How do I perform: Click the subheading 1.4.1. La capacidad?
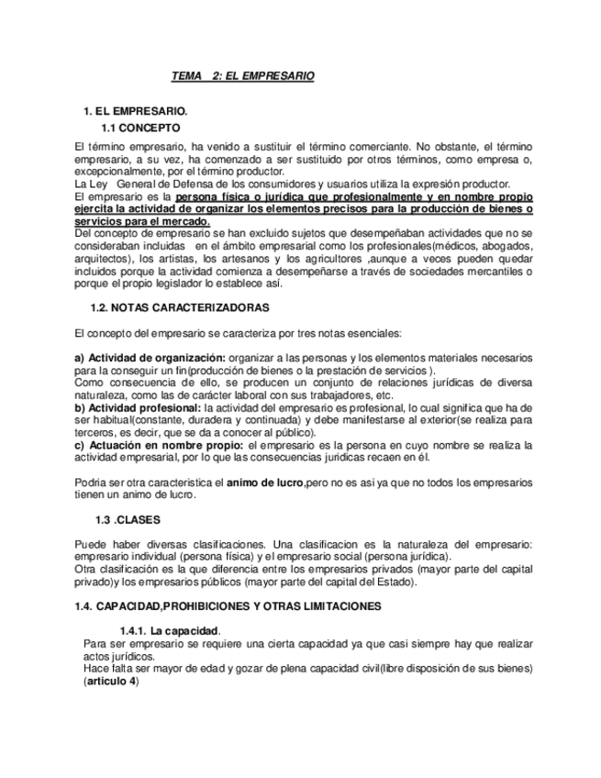click(170, 630)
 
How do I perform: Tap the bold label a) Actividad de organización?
click(150, 357)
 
